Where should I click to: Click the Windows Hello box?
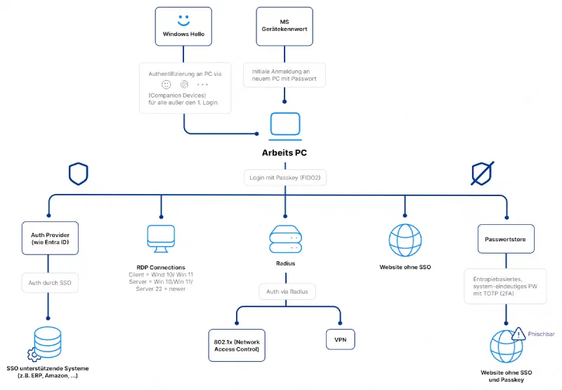coord(183,27)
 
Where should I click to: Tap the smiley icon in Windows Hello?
coord(183,20)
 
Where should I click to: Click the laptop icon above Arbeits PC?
coord(285,125)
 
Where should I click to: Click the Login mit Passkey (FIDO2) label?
coord(285,178)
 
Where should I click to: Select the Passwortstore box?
coord(506,238)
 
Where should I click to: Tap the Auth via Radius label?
coord(285,291)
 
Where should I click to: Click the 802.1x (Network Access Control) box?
coord(237,344)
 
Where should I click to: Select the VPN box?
coord(340,339)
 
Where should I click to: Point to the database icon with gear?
coord(46,344)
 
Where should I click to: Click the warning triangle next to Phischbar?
coord(518,334)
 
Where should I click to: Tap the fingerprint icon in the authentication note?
coord(184,84)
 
